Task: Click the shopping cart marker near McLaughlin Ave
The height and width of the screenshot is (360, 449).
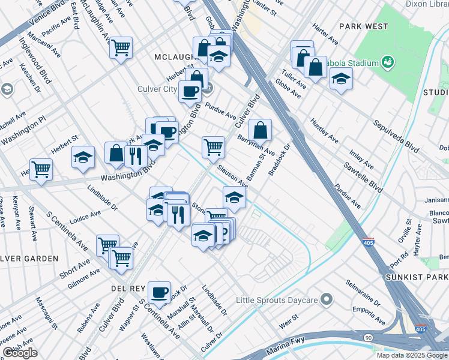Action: click(121, 47)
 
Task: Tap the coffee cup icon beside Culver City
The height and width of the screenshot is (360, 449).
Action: click(190, 91)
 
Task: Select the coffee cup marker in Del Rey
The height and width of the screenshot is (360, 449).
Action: click(159, 292)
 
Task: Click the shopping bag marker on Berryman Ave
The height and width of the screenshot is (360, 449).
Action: click(260, 129)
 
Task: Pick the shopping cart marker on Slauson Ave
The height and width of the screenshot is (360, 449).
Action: click(213, 146)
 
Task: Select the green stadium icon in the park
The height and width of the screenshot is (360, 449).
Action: click(387, 62)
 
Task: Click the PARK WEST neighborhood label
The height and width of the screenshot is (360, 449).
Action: click(363, 26)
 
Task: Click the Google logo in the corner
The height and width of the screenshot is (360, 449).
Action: click(20, 353)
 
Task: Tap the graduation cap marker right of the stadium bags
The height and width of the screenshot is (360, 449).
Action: click(341, 79)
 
